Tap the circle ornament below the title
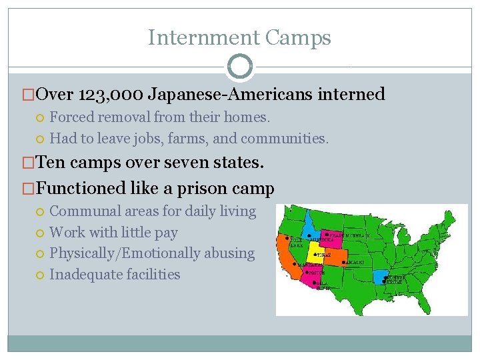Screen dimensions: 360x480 click(240, 67)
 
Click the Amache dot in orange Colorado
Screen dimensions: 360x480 click(343, 262)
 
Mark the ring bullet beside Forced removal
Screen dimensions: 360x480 click(41, 118)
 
